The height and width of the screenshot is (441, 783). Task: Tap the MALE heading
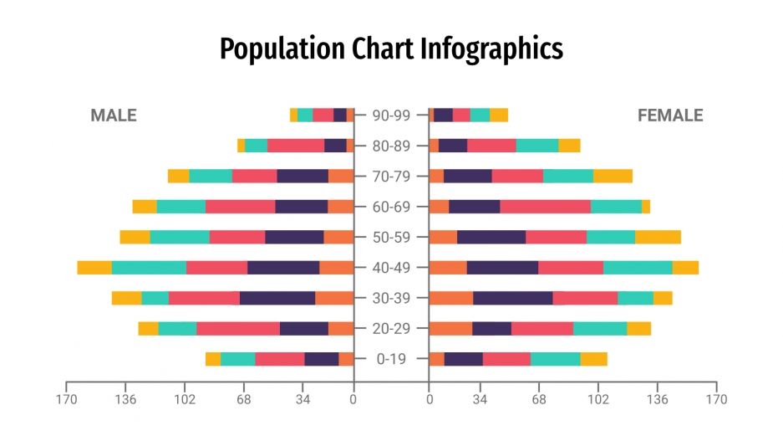point(113,116)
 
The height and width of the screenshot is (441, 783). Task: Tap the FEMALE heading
point(670,116)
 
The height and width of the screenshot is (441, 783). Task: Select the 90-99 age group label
point(391,115)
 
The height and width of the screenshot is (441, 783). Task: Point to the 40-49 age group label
point(391,268)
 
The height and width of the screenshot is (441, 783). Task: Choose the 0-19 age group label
point(391,359)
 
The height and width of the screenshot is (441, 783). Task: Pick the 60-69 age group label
point(391,207)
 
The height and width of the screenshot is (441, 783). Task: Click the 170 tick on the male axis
point(66,399)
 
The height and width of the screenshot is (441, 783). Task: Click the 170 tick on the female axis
point(716,399)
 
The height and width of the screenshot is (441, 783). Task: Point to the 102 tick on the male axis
point(184,399)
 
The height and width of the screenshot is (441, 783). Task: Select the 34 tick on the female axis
point(480,399)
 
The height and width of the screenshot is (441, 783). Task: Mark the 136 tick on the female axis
point(657,399)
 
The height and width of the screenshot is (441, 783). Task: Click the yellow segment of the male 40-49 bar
point(94,268)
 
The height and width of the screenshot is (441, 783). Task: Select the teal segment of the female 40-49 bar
point(638,268)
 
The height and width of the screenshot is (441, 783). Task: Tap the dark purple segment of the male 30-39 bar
point(277,298)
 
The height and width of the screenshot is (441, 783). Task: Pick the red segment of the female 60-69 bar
point(545,207)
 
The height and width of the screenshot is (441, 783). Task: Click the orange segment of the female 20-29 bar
point(450,328)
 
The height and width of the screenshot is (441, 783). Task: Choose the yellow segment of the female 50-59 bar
point(658,237)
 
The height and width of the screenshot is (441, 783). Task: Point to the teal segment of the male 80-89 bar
point(256,146)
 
